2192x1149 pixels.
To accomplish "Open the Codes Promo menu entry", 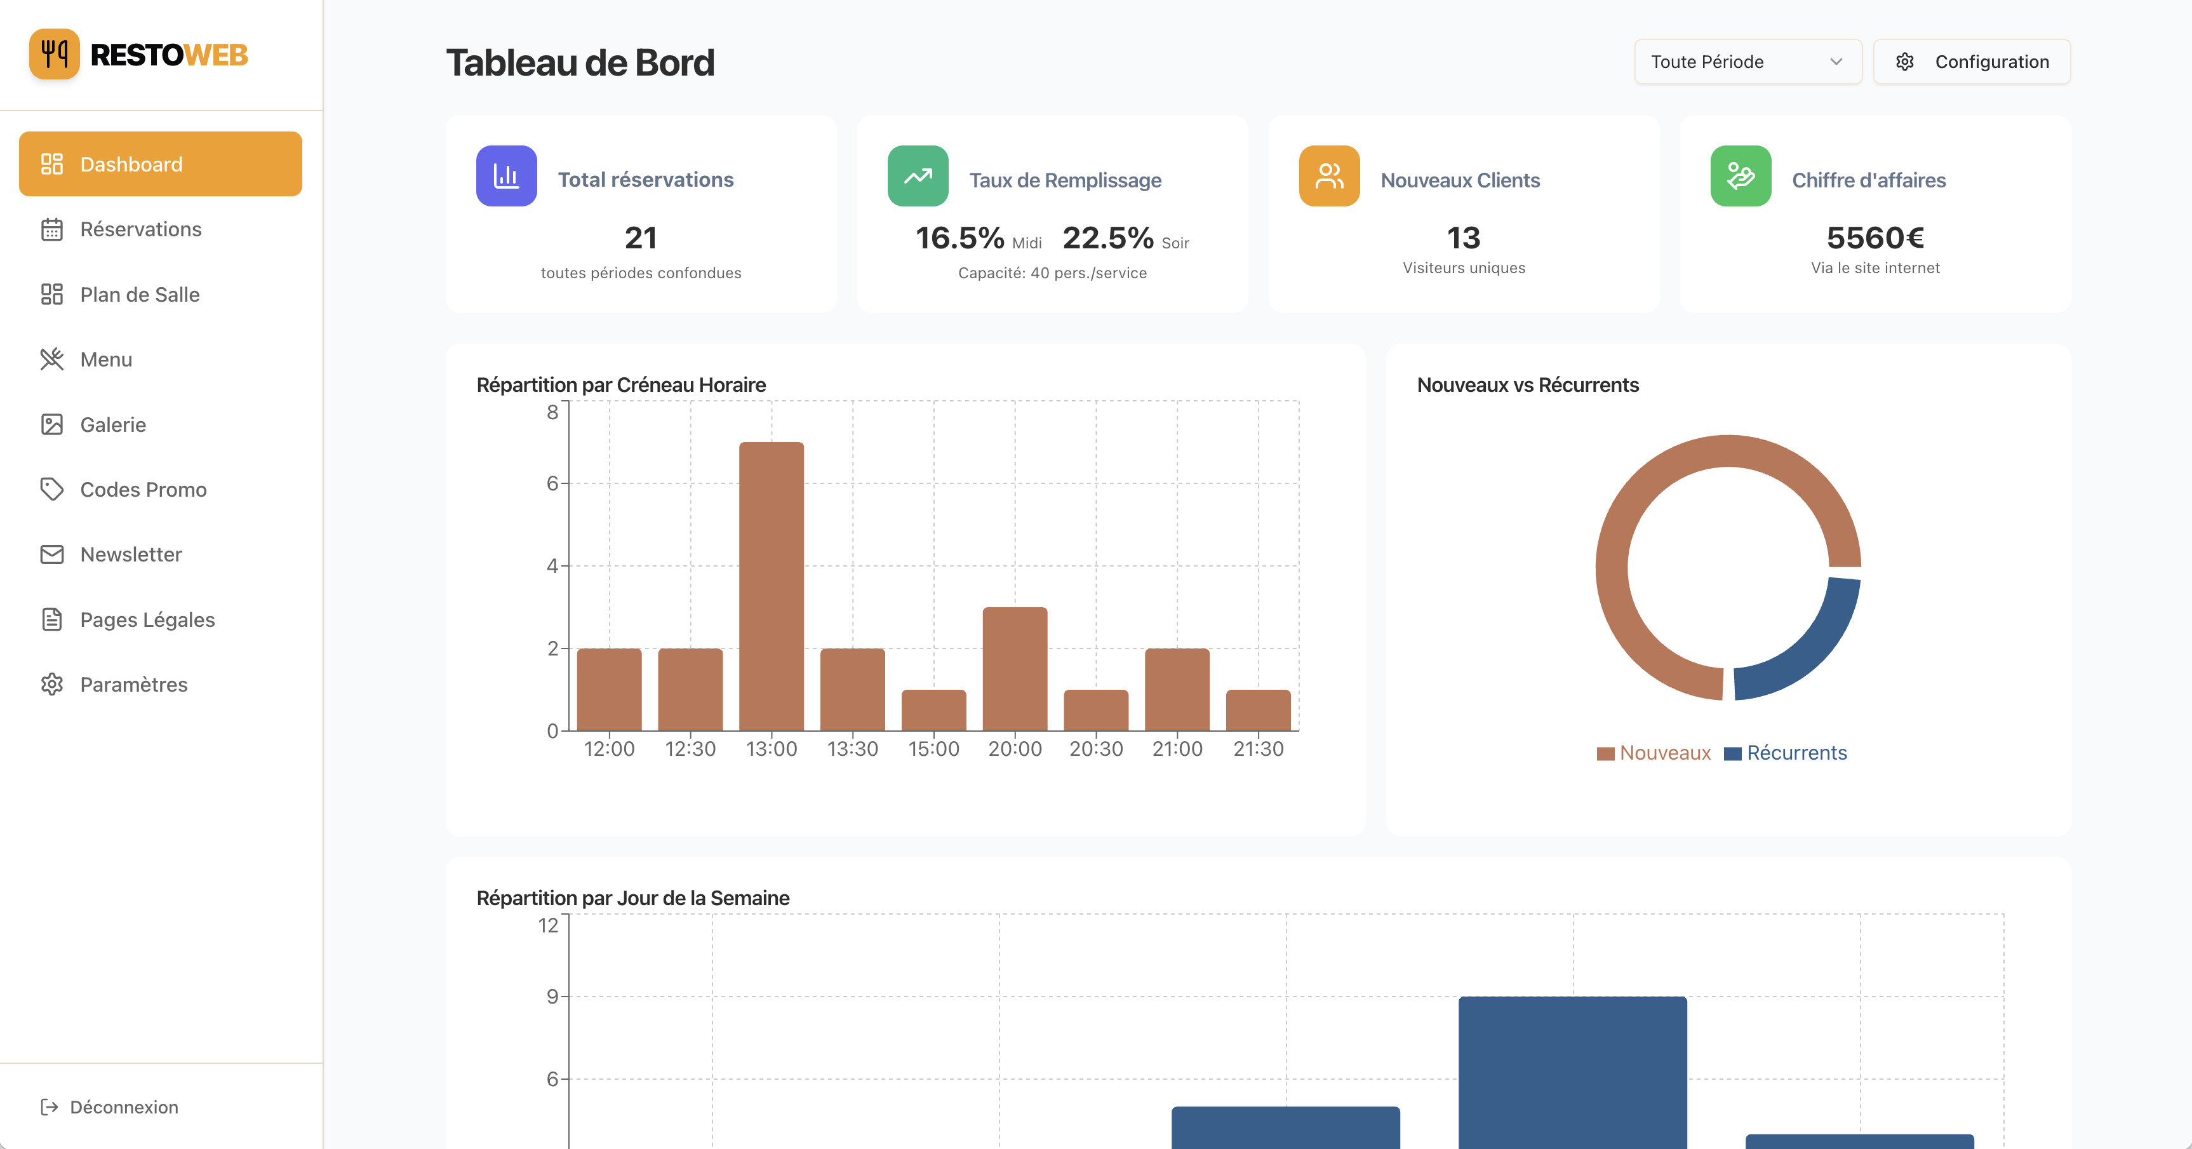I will click(x=143, y=489).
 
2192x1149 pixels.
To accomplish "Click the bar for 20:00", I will click(x=1014, y=668).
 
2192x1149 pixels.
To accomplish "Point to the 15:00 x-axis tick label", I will click(x=933, y=749).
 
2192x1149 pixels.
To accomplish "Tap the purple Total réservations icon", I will click(x=506, y=176).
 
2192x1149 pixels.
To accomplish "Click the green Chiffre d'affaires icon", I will click(x=1740, y=176).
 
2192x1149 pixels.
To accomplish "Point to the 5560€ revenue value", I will click(x=1875, y=238).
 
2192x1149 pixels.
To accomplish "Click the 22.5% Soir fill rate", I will click(x=1108, y=238).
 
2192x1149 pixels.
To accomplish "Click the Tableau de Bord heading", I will click(x=580, y=63).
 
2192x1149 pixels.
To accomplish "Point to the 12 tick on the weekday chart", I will click(x=548, y=925).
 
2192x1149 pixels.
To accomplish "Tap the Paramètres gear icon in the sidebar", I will click(x=52, y=684).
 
